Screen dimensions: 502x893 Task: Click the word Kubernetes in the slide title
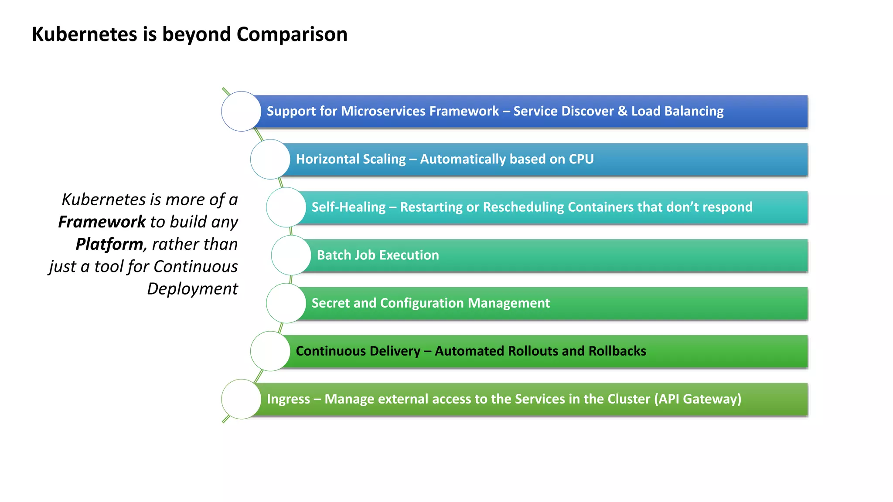(x=84, y=34)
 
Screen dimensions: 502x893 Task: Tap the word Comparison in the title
(x=292, y=34)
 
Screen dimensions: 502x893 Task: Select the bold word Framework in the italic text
(x=102, y=222)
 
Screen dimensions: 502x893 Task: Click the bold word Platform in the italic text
(x=109, y=244)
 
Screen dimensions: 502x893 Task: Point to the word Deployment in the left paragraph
(x=192, y=289)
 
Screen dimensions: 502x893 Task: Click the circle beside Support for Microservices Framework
(x=241, y=111)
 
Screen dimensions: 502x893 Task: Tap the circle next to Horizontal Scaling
(x=270, y=159)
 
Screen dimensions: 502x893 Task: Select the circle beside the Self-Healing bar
(x=286, y=207)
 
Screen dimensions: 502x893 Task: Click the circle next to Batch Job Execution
(x=291, y=255)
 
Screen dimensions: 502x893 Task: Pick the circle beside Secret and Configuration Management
(x=286, y=303)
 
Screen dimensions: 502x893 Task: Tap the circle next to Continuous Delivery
(x=270, y=351)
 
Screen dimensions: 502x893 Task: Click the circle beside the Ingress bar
(x=241, y=399)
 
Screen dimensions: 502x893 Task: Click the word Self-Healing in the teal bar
(x=348, y=207)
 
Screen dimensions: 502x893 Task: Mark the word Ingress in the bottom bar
(x=288, y=399)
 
